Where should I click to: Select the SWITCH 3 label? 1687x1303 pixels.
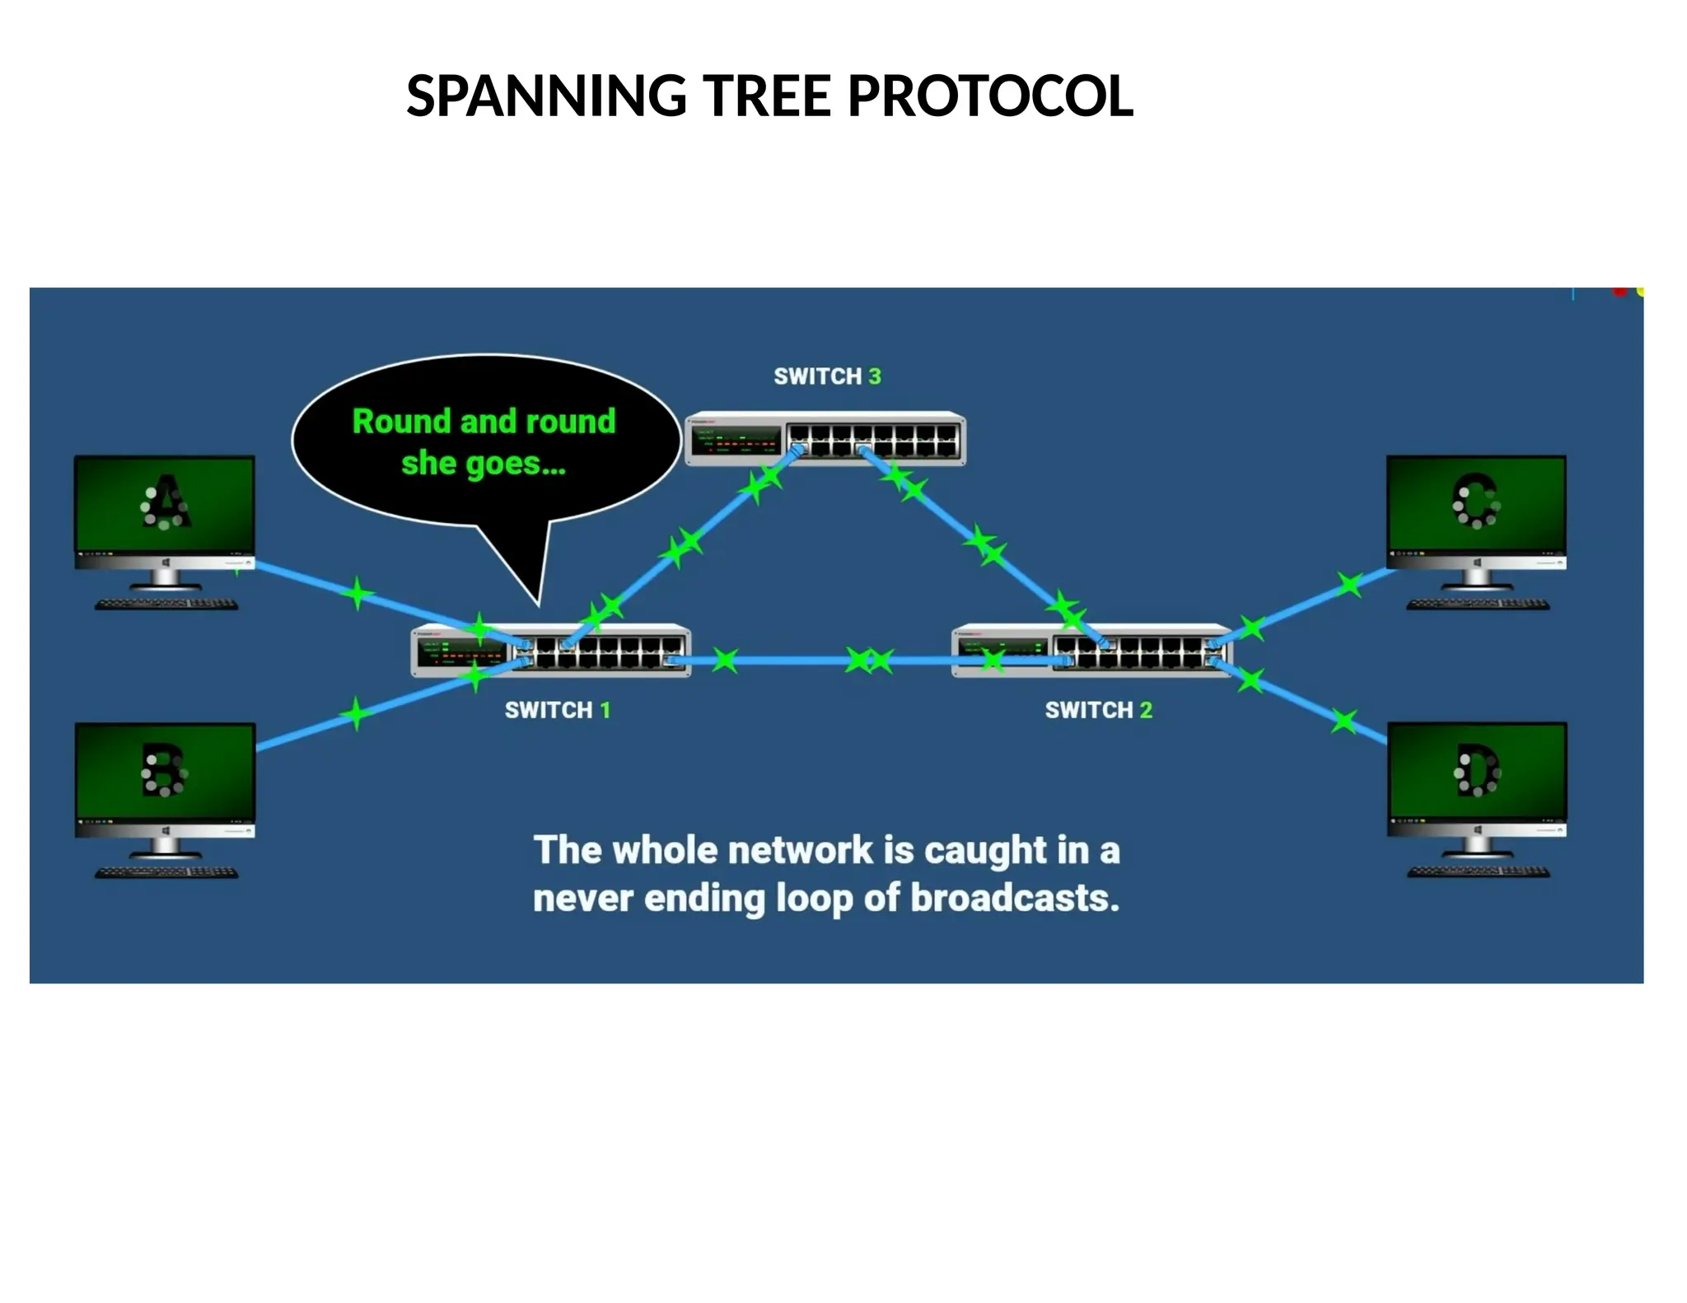coord(827,376)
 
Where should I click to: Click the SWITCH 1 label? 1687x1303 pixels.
coord(558,710)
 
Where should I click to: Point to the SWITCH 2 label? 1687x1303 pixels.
coord(1098,710)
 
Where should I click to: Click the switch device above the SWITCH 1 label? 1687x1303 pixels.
coord(550,651)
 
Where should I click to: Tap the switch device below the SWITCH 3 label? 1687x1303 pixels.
coord(825,439)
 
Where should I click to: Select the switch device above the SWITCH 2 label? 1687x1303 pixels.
coord(1091,651)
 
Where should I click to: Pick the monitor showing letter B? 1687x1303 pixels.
coord(165,772)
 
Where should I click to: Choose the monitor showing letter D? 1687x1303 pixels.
coord(1477,772)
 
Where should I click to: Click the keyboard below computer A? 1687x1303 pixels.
coord(166,605)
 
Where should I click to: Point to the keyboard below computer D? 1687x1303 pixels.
coord(1479,872)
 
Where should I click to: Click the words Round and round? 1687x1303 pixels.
coord(484,422)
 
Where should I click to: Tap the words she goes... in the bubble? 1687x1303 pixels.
coord(484,464)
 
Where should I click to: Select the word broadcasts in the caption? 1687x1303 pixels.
coord(1014,897)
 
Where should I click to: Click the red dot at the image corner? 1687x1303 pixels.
coord(1619,292)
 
